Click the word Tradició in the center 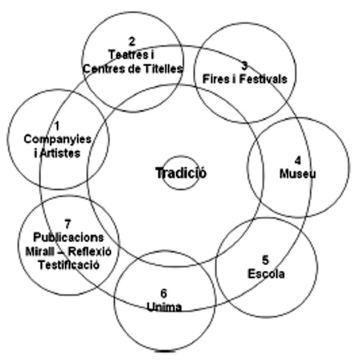tap(181, 172)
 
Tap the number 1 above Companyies tap(57, 125)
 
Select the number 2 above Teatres tap(132, 41)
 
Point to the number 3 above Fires tap(244, 65)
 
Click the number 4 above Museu tap(298, 160)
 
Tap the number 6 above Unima tap(164, 294)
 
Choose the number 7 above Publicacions tap(68, 225)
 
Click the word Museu tap(298, 173)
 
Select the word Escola tap(266, 273)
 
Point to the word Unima tap(164, 307)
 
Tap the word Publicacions tap(69, 237)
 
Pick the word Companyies tap(57, 139)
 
